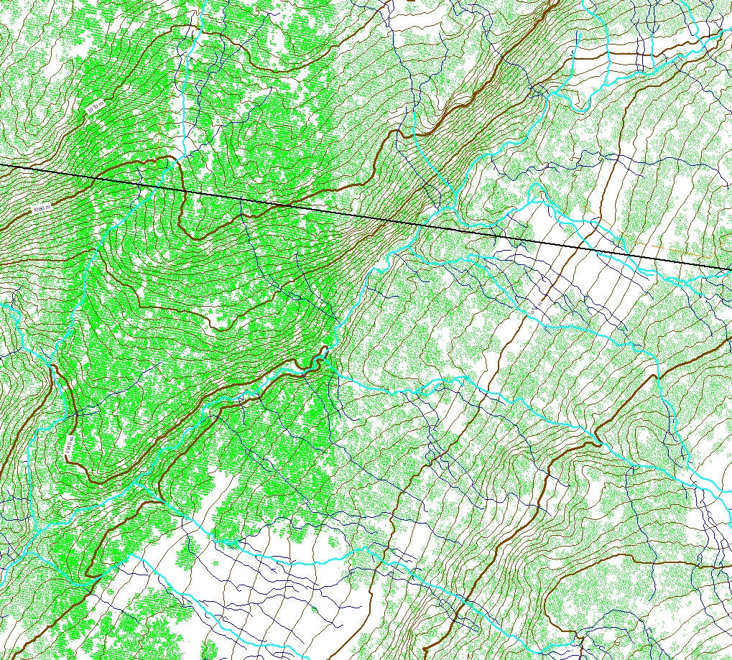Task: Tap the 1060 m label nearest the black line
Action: click(x=42, y=209)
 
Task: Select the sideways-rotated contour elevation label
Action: click(x=69, y=445)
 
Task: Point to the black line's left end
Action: click(x=1, y=165)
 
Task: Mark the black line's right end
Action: click(x=731, y=269)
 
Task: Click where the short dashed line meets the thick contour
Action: click(x=157, y=157)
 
